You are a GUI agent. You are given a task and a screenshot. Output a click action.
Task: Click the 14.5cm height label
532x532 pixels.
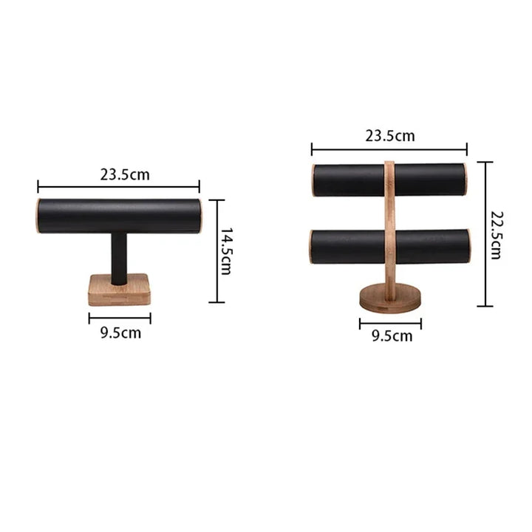(x=226, y=250)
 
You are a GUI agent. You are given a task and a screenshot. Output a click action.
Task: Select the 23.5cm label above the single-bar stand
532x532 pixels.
(x=125, y=175)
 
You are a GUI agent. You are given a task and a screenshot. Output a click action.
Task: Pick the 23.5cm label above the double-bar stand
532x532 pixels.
(x=389, y=135)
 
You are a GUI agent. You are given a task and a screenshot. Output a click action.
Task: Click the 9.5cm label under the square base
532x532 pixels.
(x=120, y=333)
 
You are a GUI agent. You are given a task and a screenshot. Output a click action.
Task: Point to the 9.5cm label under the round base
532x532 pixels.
(x=392, y=336)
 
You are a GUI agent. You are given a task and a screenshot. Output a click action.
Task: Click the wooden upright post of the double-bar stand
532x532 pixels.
(x=389, y=222)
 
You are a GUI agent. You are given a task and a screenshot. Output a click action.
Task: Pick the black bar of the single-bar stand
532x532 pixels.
(x=118, y=216)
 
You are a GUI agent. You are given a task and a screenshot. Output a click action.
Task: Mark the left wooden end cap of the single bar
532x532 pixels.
(x=38, y=215)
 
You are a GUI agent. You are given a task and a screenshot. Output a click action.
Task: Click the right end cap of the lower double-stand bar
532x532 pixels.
(x=468, y=246)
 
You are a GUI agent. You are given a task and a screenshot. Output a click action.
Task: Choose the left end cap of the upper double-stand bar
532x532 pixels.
(x=313, y=180)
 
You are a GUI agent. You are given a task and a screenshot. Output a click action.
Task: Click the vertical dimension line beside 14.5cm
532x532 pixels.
(x=216, y=250)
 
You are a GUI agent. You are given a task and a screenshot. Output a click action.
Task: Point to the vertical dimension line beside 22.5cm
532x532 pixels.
(x=485, y=233)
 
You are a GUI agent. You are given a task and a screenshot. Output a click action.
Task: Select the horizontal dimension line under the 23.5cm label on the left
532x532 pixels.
(x=118, y=188)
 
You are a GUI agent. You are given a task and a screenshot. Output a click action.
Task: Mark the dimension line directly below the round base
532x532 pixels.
(x=390, y=323)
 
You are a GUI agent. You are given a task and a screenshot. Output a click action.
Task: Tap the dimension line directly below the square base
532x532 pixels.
(x=120, y=318)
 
